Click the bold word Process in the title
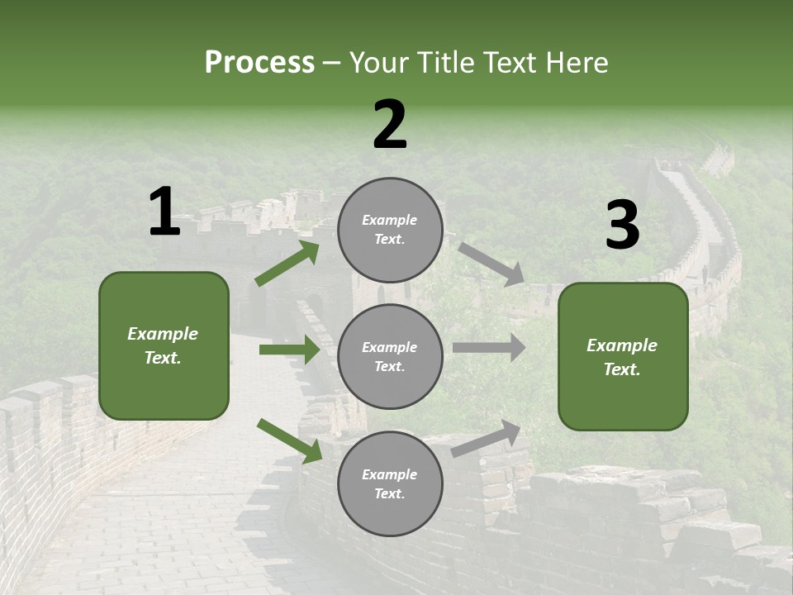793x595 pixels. tap(259, 63)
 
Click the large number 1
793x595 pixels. tap(164, 212)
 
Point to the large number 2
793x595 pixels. tap(390, 125)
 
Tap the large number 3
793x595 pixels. tap(622, 225)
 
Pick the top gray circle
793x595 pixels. tap(390, 230)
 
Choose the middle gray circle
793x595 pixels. tap(390, 356)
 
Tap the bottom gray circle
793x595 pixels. tap(390, 483)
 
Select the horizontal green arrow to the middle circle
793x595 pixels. tap(290, 350)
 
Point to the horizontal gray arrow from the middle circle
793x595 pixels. tap(489, 347)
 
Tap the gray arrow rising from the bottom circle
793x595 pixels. tap(487, 438)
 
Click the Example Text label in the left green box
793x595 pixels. tap(163, 345)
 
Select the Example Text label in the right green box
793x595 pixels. tap(622, 357)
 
